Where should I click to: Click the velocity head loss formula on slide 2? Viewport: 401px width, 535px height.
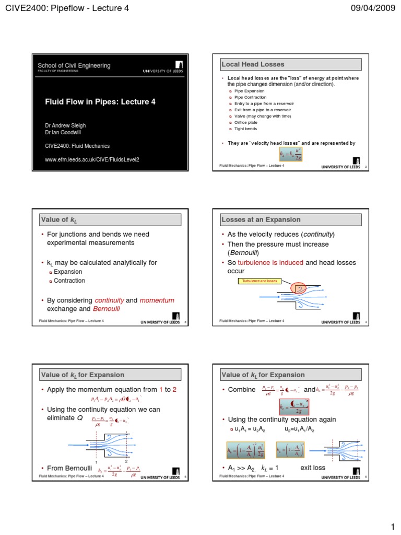(x=291, y=154)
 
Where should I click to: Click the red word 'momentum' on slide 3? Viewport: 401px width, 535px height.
(x=157, y=300)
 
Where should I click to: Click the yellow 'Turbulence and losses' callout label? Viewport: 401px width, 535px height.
(x=260, y=281)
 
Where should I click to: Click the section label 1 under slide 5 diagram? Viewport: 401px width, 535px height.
(x=97, y=455)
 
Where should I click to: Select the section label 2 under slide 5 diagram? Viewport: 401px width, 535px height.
(x=126, y=455)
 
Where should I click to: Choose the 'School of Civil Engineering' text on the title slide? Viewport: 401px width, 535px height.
(x=74, y=65)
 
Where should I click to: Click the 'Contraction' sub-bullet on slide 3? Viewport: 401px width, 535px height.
(x=69, y=281)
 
